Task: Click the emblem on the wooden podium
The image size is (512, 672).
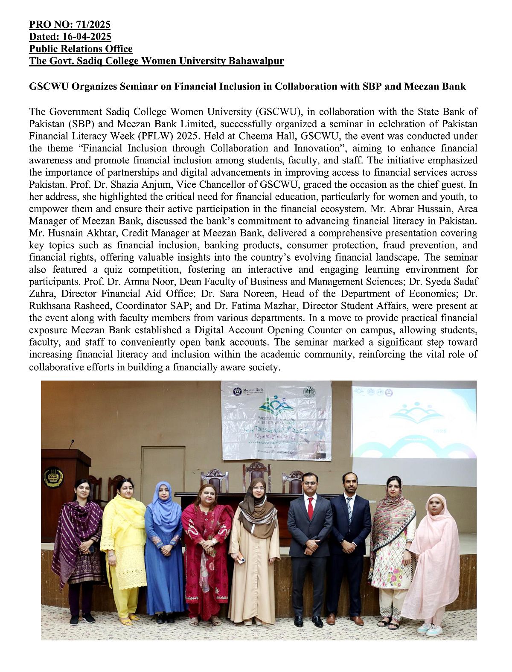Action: (x=53, y=477)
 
